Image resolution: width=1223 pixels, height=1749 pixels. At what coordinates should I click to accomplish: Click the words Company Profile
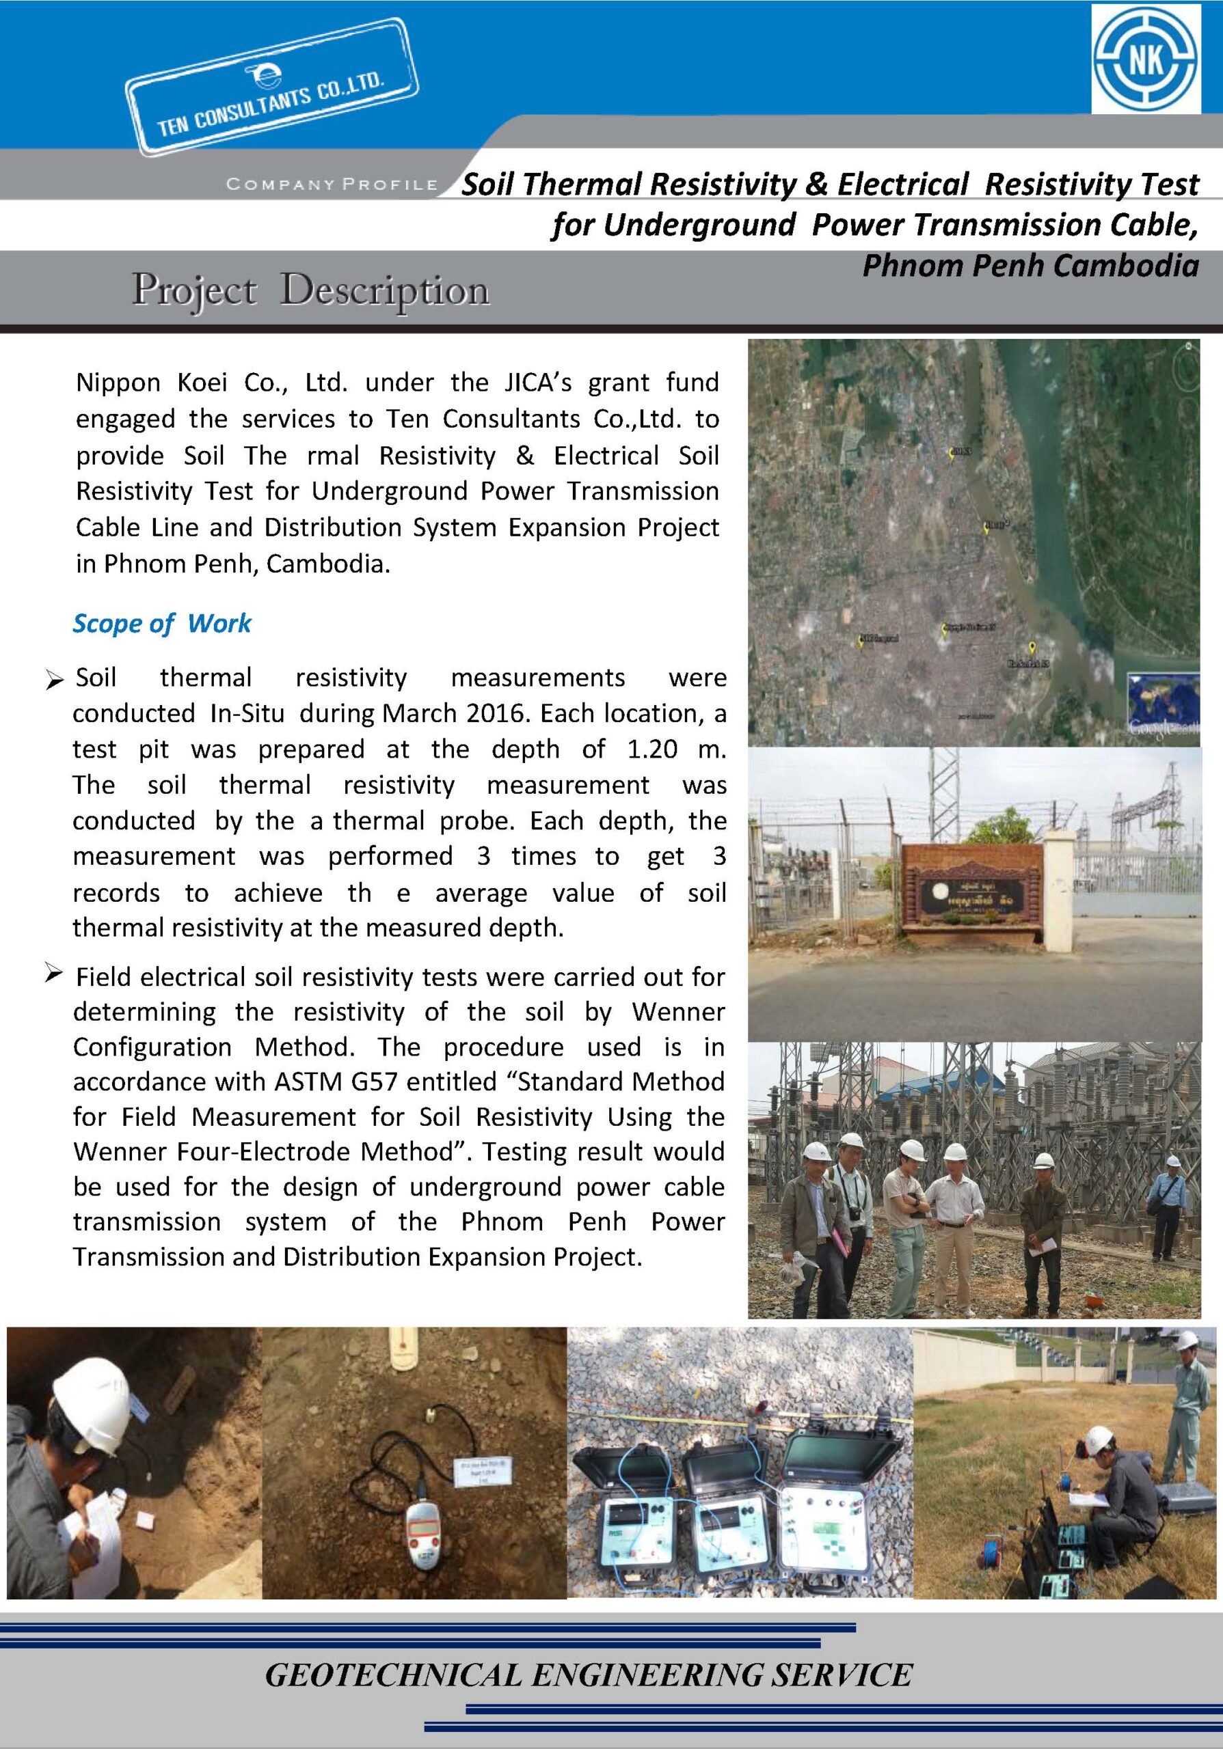point(332,184)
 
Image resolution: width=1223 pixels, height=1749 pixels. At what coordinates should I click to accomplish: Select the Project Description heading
point(310,290)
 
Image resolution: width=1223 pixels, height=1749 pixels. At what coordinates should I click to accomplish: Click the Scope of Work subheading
point(161,623)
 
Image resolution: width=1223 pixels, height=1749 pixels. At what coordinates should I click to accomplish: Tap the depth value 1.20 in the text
point(651,749)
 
